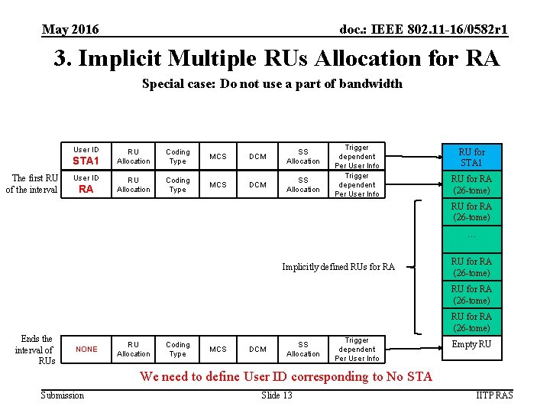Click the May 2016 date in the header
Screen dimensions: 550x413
[x=70, y=30]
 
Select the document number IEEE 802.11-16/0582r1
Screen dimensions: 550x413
[x=423, y=30]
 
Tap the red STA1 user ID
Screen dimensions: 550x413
[x=86, y=161]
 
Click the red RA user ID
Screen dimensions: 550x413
[x=86, y=189]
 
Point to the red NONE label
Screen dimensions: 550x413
[x=86, y=350]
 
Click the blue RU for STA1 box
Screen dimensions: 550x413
[x=471, y=157]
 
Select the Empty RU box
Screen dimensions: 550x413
[x=471, y=345]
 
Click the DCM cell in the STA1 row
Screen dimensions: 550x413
[x=257, y=157]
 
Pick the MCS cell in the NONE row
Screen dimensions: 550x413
[x=218, y=350]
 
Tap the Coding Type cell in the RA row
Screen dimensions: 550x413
[x=177, y=185]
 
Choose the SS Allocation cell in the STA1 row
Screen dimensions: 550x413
[x=302, y=157]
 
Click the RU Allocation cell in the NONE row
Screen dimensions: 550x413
[x=133, y=350]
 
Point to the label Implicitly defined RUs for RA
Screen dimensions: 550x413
[x=338, y=267]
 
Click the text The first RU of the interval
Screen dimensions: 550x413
[x=32, y=184]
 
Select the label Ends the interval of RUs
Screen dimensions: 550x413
[x=36, y=350]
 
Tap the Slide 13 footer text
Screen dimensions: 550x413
[x=277, y=395]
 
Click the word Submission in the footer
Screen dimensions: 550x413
[x=63, y=395]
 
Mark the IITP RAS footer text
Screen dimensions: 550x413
[x=493, y=395]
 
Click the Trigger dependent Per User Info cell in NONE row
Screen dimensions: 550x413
[x=357, y=350]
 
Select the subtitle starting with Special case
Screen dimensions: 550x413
[x=272, y=84]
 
